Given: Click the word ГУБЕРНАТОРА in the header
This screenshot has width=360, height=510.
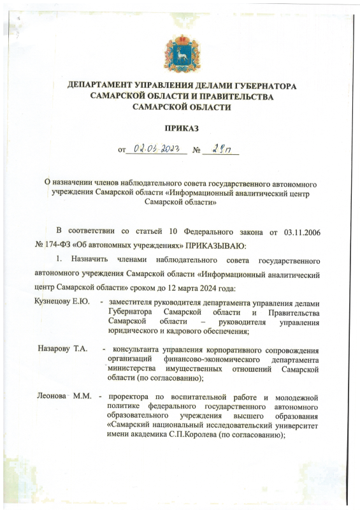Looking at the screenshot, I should click(260, 86).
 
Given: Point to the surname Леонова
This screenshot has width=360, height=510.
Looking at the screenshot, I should click(51, 397).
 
